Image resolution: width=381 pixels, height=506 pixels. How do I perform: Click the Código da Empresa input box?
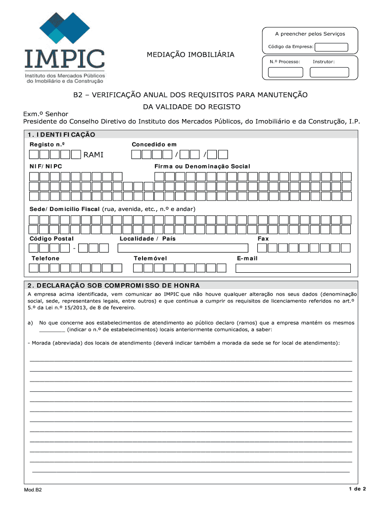(332, 47)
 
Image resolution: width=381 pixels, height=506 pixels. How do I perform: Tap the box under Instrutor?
(329, 72)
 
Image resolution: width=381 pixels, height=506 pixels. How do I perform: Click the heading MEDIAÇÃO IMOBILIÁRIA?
(190, 54)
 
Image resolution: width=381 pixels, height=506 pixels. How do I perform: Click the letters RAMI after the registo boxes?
(94, 155)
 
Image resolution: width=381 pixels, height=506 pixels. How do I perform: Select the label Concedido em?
(154, 144)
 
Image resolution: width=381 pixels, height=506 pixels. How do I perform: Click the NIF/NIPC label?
(46, 166)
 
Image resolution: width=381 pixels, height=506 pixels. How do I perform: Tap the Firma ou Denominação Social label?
(202, 166)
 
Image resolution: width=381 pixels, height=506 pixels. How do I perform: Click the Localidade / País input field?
(183, 248)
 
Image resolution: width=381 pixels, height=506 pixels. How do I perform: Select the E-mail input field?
(293, 268)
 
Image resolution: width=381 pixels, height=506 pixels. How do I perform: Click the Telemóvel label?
(150, 258)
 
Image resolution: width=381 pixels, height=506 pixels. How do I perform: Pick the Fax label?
(263, 239)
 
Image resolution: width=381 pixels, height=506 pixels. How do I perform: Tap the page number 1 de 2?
(356, 489)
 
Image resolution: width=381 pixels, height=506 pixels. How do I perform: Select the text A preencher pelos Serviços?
(310, 34)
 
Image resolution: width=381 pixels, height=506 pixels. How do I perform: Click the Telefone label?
(46, 258)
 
